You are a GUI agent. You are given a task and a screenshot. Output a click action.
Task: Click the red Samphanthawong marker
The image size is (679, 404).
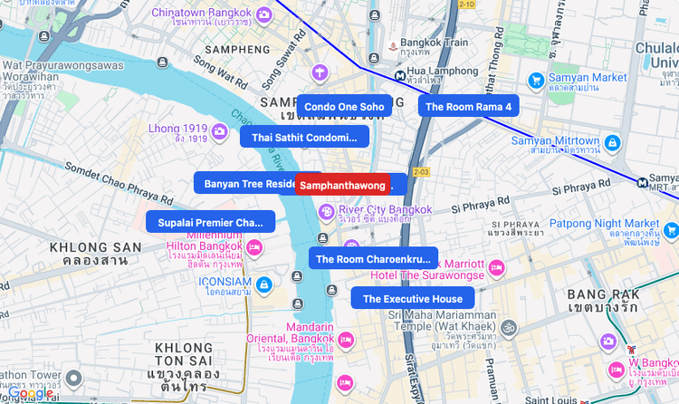pyautogui.click(x=343, y=185)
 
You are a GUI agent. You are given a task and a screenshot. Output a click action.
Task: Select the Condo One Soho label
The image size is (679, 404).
pyautogui.click(x=344, y=107)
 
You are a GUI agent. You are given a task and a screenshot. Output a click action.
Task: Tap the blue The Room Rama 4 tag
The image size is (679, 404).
pyautogui.click(x=468, y=107)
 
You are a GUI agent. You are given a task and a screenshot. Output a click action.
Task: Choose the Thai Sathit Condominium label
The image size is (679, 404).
pyautogui.click(x=304, y=138)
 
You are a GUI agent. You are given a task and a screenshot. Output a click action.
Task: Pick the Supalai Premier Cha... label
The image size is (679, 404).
pyautogui.click(x=210, y=222)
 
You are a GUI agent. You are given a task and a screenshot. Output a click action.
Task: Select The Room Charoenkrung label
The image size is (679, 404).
pyautogui.click(x=373, y=259)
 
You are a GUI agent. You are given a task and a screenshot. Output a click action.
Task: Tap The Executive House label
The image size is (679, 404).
pyautogui.click(x=412, y=299)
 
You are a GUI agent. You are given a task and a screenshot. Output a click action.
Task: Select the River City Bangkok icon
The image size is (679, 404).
pyautogui.click(x=326, y=212)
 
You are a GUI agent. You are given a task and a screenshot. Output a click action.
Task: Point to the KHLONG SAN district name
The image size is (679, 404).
pyautogui.click(x=95, y=246)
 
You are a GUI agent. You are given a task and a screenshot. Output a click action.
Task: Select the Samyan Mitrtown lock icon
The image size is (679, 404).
pyautogui.click(x=613, y=143)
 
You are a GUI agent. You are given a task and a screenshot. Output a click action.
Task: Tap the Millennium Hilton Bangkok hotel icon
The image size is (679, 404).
pyautogui.click(x=255, y=246)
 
